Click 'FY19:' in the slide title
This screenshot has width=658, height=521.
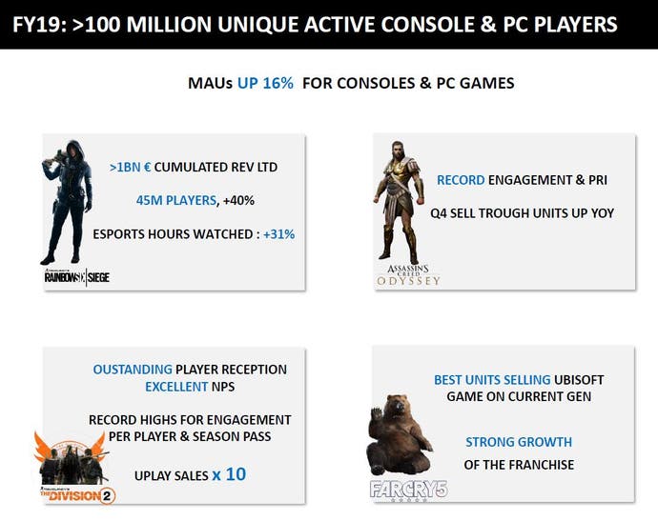pos(39,25)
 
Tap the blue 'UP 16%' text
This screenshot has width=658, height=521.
pos(265,83)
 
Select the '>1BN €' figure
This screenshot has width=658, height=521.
pos(130,168)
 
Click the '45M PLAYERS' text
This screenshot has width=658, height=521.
pos(176,201)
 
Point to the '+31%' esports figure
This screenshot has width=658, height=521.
pos(278,234)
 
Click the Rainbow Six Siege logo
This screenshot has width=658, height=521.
pos(77,277)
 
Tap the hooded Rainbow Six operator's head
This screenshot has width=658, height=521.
pos(73,150)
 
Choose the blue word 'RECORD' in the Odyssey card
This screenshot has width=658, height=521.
pos(461,180)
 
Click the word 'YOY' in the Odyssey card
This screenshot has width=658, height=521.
pos(603,213)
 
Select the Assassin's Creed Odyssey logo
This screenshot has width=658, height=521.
pos(408,275)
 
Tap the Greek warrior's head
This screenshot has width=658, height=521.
pos(398,150)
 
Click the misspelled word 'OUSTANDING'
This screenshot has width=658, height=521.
pos(133,370)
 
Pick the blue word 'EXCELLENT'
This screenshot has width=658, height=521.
pos(176,387)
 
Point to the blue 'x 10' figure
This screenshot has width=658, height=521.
pos(229,474)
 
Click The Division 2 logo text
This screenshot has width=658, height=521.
pos(78,495)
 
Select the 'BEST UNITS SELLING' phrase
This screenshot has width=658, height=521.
pos(492,380)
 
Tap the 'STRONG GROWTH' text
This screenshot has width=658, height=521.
pos(519,442)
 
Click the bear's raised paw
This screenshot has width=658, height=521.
pos(377,416)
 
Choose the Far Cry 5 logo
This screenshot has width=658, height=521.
pos(409,490)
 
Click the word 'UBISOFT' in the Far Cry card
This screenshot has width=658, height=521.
pos(579,380)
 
